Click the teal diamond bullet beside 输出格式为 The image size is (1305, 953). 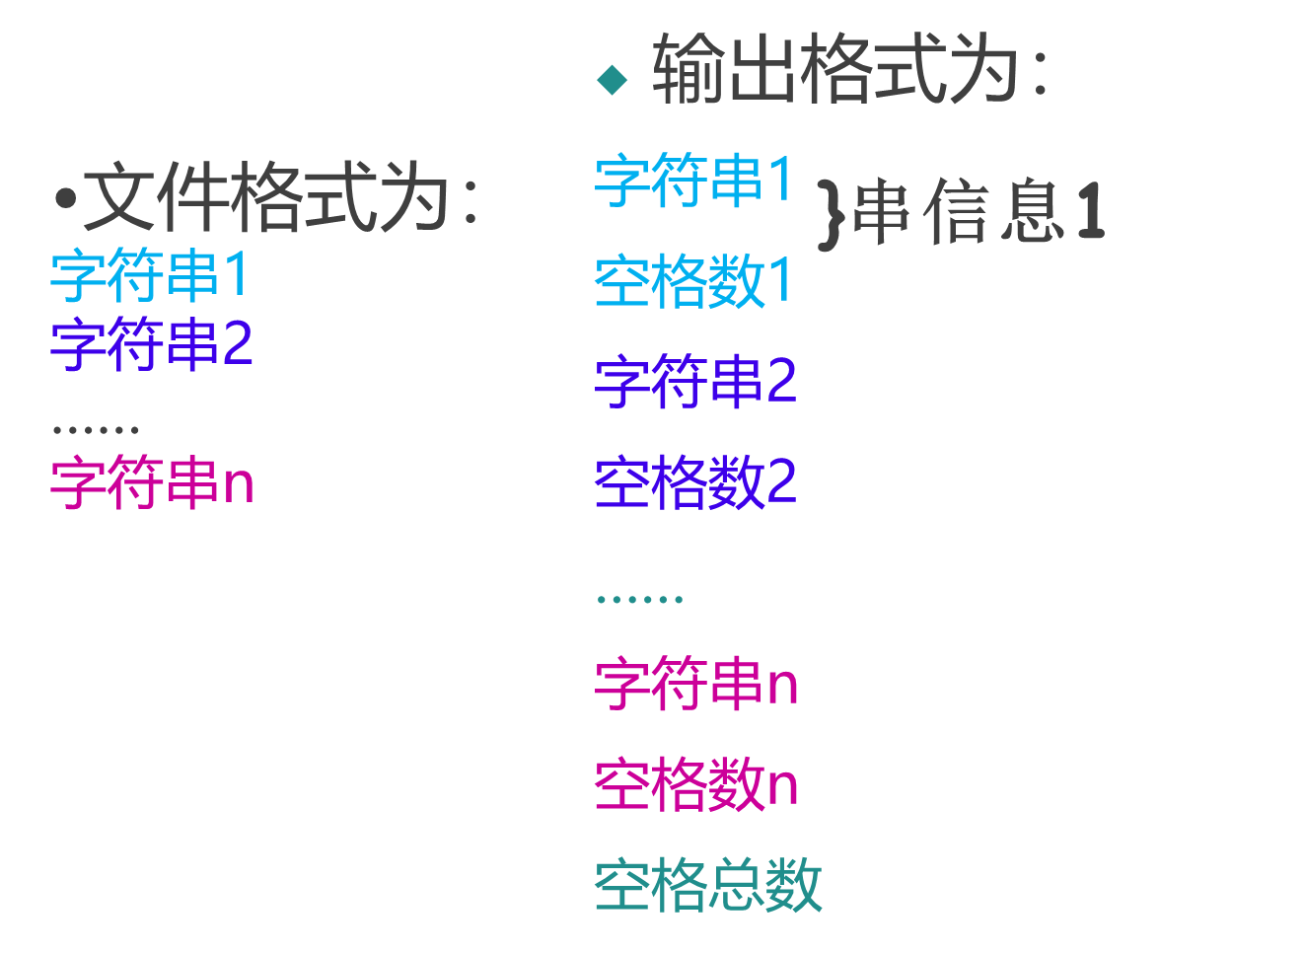pos(613,80)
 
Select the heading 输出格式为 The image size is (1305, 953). pos(834,69)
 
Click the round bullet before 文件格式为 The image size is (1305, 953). pos(66,199)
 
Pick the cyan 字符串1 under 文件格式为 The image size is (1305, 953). pos(151,275)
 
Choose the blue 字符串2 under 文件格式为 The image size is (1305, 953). pos(152,344)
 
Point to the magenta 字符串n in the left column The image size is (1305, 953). pos(153,482)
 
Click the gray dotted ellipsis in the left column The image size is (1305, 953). pos(96,429)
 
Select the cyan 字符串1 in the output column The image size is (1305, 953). pos(694,181)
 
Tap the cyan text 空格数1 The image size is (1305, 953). pos(694,281)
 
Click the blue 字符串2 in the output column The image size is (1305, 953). pos(695,382)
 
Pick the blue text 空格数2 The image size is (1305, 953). pos(695,482)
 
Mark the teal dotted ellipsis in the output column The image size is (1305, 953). pos(640,599)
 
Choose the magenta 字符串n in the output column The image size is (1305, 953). pos(696,683)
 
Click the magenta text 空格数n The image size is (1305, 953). pos(696,784)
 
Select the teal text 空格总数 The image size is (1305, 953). pos(708,885)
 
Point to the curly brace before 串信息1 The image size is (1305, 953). pos(832,212)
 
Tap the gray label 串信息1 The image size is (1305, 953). pos(978,211)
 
